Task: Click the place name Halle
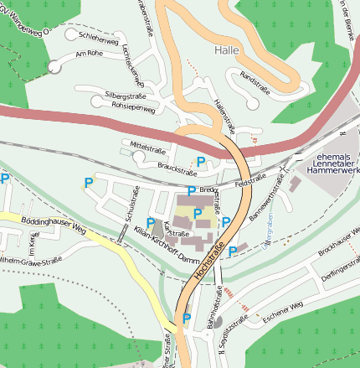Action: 226,50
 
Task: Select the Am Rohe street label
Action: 88,54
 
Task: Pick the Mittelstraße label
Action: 148,148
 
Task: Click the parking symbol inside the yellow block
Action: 198,214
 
